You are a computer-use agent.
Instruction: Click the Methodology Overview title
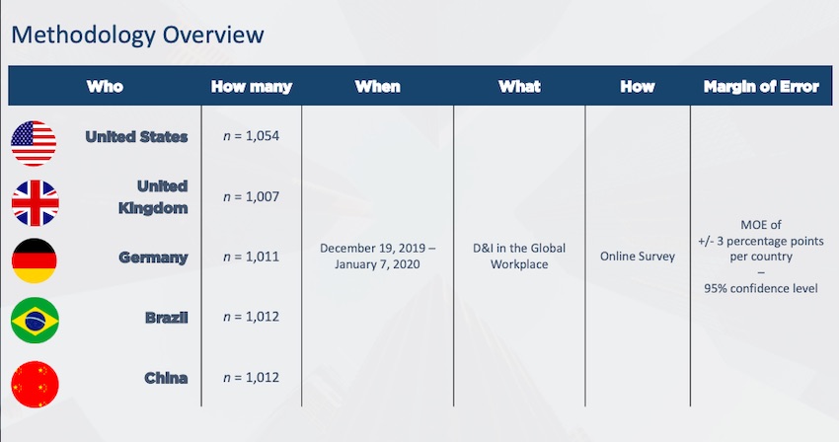point(136,36)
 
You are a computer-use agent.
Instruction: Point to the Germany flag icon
point(35,260)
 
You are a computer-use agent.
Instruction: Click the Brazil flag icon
point(35,320)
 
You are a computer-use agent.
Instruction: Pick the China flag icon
point(35,383)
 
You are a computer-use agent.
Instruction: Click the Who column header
point(105,87)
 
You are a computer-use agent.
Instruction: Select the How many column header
point(251,87)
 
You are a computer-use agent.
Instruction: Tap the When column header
point(377,87)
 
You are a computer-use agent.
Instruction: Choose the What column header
point(519,87)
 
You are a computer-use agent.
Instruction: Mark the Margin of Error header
point(761,87)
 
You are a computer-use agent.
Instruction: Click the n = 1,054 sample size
point(251,136)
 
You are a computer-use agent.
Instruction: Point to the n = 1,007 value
point(251,197)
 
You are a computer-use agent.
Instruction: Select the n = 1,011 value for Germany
point(251,257)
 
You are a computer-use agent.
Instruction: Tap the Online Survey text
point(638,257)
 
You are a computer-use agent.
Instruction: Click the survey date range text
point(377,257)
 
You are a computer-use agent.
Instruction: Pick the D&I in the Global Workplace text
point(519,257)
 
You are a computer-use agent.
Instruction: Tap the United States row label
point(136,137)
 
